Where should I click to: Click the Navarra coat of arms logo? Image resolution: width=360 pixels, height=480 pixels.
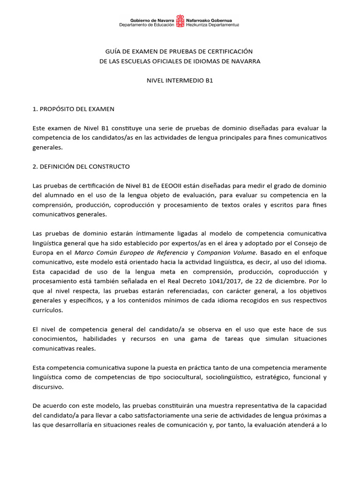[x=180, y=22]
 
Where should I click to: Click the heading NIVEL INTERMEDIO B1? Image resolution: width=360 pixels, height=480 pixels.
[x=180, y=80]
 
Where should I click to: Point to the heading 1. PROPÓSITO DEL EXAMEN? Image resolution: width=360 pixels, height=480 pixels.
[x=74, y=109]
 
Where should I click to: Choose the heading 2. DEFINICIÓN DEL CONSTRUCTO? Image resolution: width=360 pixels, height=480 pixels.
[x=81, y=166]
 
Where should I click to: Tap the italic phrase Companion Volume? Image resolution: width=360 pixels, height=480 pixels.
[x=224, y=252]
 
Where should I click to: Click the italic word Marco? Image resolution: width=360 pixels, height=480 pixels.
[x=85, y=252]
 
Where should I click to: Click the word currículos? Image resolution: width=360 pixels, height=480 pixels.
[x=47, y=310]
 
